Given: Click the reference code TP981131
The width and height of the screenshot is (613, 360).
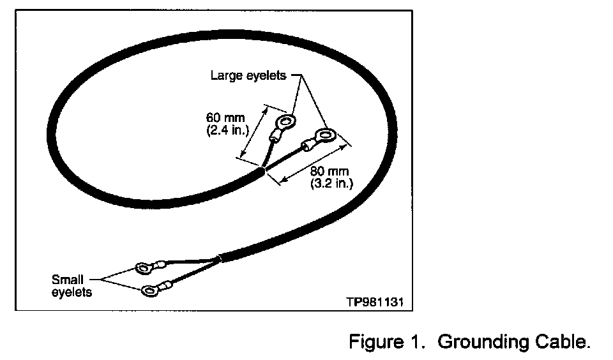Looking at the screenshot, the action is tap(375, 299).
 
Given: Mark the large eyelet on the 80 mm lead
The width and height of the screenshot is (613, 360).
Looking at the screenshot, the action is tap(326, 135).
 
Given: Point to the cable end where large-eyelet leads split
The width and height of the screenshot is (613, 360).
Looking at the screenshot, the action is tap(262, 170).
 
